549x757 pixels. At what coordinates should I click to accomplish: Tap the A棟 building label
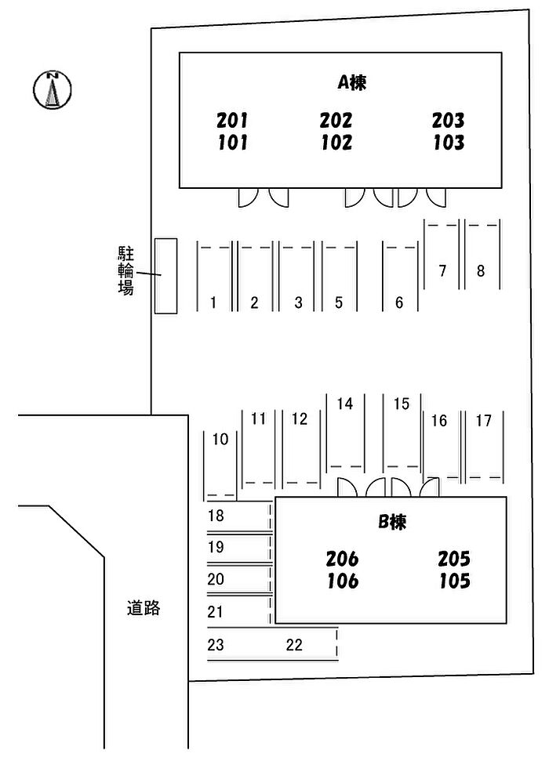click(352, 82)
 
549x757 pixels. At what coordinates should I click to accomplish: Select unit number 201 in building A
click(232, 121)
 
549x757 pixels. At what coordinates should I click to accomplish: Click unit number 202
click(336, 121)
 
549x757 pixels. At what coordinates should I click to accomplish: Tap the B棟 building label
click(392, 523)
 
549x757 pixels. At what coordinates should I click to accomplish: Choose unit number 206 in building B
click(342, 559)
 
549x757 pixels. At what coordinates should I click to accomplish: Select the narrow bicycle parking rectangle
click(165, 276)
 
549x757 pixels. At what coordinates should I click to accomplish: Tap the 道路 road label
click(144, 607)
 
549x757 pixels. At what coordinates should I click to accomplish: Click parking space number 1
click(213, 302)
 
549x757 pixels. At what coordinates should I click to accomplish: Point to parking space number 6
click(399, 302)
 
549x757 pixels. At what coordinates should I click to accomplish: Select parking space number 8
click(481, 271)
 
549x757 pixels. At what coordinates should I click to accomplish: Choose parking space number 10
click(220, 439)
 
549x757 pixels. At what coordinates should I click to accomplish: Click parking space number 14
click(345, 404)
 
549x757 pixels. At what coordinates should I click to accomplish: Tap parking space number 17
click(484, 421)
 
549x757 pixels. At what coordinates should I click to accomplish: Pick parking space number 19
click(216, 547)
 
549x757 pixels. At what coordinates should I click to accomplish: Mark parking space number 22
click(294, 645)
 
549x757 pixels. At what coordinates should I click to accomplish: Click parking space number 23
click(216, 645)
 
